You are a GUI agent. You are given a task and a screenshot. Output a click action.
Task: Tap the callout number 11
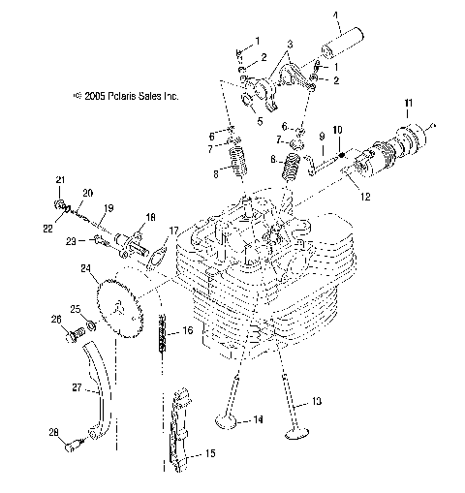(409, 103)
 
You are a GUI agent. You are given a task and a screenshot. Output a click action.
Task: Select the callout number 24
(86, 268)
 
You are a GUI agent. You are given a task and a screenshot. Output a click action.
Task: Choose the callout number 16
(188, 331)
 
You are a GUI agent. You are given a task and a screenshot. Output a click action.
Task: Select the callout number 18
(150, 216)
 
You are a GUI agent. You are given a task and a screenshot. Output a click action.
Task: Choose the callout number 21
(59, 181)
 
